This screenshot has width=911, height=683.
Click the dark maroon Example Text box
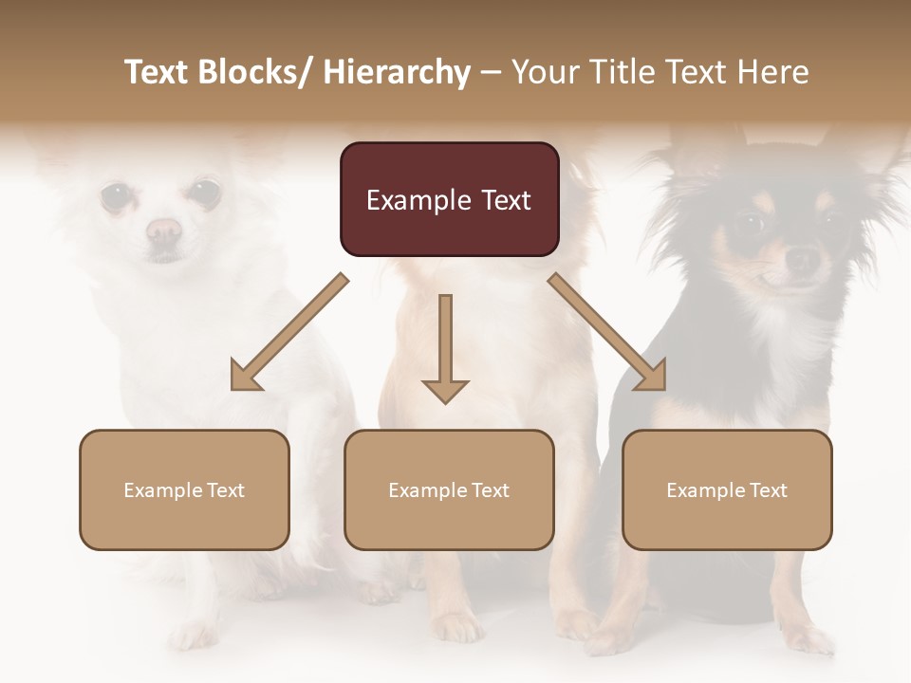(449, 199)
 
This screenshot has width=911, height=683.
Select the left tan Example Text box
(184, 489)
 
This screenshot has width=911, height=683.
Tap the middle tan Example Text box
(449, 489)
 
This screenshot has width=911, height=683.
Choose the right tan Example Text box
(727, 489)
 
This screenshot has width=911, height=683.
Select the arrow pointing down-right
(607, 332)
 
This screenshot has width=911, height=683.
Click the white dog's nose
(164, 230)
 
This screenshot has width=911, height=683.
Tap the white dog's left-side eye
(117, 196)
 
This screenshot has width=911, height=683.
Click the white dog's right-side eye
(202, 194)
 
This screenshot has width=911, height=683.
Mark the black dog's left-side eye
(750, 225)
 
